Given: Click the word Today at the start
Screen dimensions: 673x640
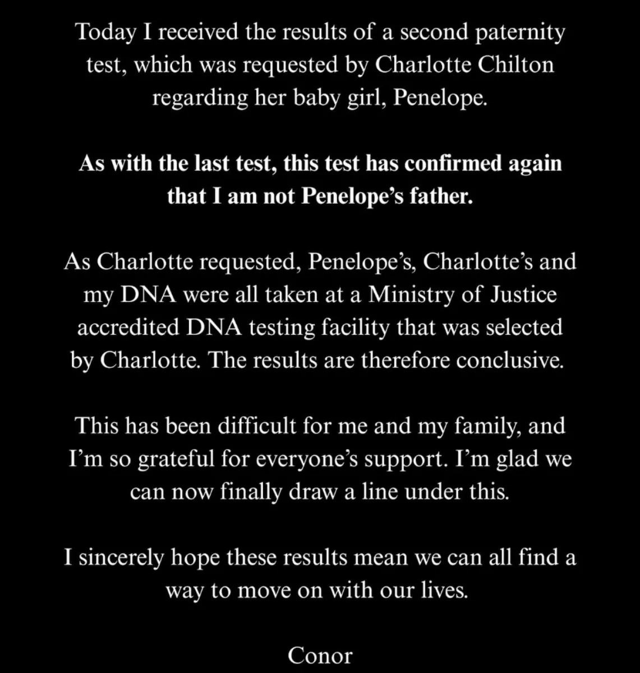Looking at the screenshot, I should [x=105, y=33].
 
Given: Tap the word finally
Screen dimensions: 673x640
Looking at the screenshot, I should [x=251, y=492].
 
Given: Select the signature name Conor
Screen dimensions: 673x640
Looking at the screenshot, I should [x=320, y=655].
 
